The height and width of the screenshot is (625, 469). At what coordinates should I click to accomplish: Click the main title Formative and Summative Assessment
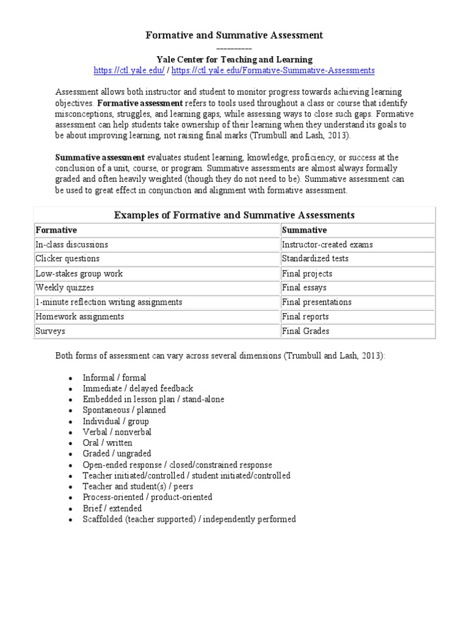pos(234,35)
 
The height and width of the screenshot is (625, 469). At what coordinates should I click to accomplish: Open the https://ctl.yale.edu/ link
pos(129,71)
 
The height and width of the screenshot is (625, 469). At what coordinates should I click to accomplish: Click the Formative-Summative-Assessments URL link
pos(273,71)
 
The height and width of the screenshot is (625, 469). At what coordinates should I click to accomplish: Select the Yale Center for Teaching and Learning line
pos(234,59)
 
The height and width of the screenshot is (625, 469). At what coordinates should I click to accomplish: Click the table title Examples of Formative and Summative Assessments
pos(234,215)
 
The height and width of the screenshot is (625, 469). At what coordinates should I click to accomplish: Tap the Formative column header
pos(56,230)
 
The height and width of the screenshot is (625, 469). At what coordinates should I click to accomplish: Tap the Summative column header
pos(304,230)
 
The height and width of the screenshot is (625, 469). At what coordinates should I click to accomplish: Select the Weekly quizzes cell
pos(65,287)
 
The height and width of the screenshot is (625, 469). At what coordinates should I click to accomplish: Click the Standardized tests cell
pos(315,259)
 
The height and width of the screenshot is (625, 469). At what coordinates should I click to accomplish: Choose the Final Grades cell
pos(305,331)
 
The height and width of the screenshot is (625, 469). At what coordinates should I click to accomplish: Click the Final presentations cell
pos(316,302)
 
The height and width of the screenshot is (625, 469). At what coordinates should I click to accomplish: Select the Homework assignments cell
pos(79,316)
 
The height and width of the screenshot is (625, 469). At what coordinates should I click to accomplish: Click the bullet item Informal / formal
pos(114,378)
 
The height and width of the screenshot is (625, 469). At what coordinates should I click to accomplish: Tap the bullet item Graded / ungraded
pos(117,453)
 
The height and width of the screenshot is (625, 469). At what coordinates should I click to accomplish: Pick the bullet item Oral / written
pos(107,443)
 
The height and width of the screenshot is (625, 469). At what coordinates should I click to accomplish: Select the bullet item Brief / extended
pos(112,508)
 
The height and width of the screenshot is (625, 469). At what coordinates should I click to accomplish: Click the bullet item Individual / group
pos(115,421)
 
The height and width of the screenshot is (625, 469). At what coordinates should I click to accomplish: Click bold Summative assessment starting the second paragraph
pos(100,157)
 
